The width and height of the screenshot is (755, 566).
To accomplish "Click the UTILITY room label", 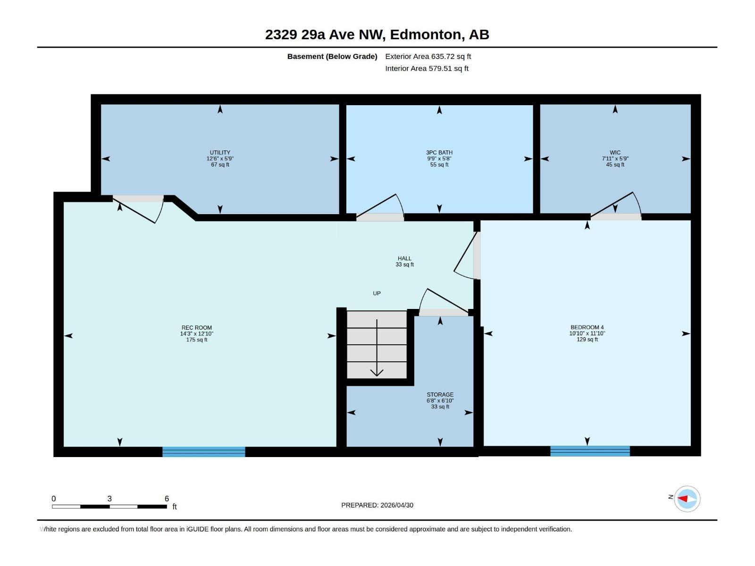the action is click(220, 152).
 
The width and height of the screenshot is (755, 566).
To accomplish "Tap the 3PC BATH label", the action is click(439, 152).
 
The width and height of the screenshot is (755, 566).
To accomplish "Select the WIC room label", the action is click(615, 152).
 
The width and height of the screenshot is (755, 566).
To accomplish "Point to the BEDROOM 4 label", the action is click(587, 327).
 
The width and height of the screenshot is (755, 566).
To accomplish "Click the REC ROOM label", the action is click(197, 328).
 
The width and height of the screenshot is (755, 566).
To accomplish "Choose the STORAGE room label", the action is click(440, 394).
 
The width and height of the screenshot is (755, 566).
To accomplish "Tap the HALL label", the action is click(404, 258).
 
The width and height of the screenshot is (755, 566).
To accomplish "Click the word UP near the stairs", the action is click(377, 293).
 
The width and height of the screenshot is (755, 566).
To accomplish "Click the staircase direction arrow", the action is click(377, 348).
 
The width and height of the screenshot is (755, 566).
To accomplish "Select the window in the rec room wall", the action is click(204, 451).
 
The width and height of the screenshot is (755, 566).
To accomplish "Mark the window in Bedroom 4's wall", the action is click(590, 451).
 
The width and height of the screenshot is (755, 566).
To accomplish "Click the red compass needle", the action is click(682, 499).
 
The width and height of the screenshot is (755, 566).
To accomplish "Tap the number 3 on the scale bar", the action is click(109, 499).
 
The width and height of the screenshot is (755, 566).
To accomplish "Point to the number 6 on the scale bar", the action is click(167, 499).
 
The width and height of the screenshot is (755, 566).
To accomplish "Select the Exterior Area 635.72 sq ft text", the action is click(428, 56).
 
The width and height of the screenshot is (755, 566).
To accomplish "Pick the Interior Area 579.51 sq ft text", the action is click(427, 68).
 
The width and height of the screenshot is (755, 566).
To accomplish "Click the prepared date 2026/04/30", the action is click(397, 505).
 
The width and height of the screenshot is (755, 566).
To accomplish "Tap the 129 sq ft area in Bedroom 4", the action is click(587, 340).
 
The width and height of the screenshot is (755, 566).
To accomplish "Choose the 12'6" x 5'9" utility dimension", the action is click(220, 159).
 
